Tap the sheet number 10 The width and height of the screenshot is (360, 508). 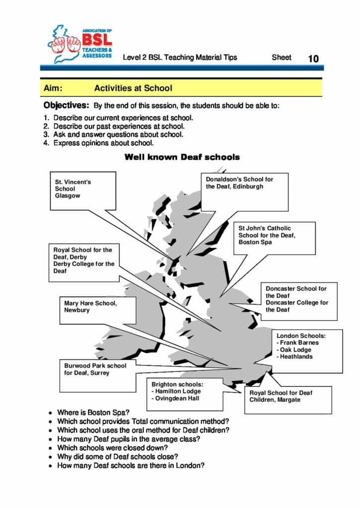313,59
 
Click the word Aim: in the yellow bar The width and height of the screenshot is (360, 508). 53,88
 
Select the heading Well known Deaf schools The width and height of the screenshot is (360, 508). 182,157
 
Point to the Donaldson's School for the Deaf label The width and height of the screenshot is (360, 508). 240,183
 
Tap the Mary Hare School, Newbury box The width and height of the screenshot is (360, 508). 90,307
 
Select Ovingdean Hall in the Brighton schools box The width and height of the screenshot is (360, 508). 176,398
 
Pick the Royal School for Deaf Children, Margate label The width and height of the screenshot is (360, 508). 281,396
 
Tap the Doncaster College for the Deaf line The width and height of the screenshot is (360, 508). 297,306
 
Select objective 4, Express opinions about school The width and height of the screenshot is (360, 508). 103,143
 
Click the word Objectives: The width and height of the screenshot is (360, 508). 66,105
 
